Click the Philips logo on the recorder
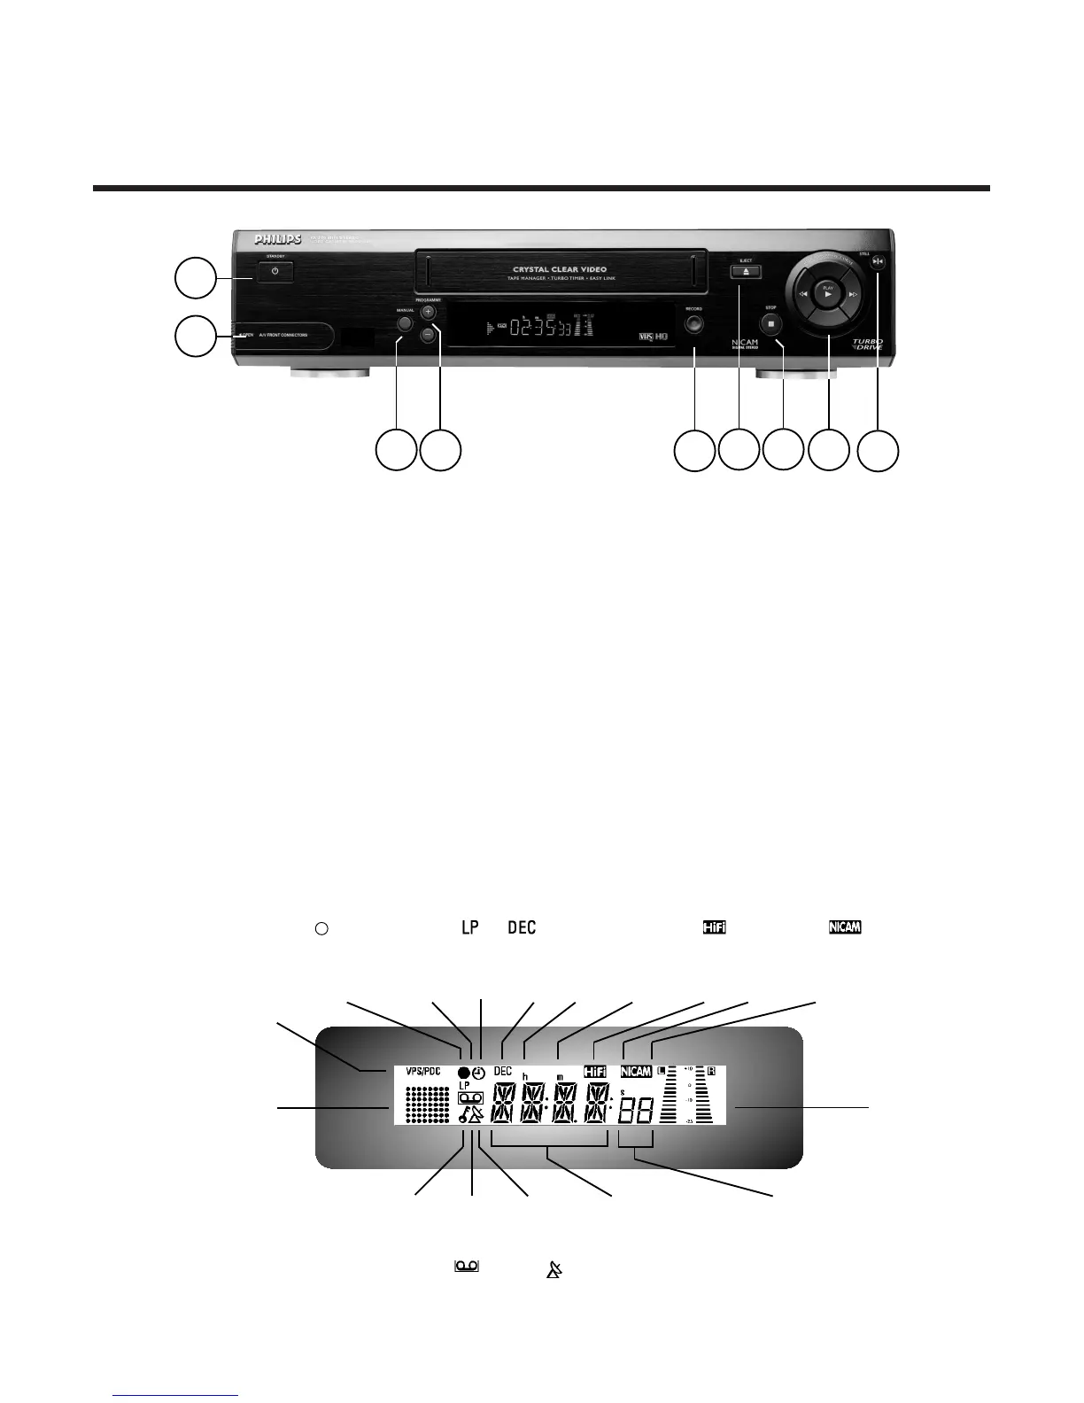coord(278,239)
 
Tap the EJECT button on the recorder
coord(747,272)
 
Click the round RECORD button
coord(693,323)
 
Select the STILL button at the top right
coord(877,261)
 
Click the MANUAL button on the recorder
coord(405,323)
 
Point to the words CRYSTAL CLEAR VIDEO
coord(560,268)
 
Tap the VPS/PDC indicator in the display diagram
coord(422,1070)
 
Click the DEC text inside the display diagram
coord(502,1071)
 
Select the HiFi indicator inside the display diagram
coord(595,1072)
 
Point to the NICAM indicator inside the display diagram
coord(637,1072)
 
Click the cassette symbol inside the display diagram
coord(468,1097)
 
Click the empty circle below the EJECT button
coord(739,450)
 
